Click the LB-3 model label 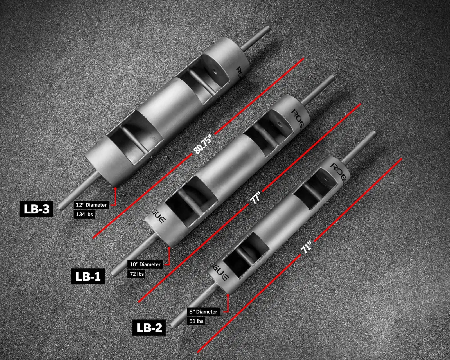[x=36, y=209]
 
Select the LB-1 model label [x=88, y=276]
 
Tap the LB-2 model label [x=149, y=328]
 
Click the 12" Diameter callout [x=91, y=205]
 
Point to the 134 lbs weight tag [x=84, y=214]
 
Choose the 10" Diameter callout [x=145, y=264]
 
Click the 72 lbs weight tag [x=137, y=274]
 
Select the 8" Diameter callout [x=203, y=312]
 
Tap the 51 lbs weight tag [x=196, y=321]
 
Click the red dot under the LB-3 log [x=115, y=188]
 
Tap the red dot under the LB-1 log [x=169, y=248]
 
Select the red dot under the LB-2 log [x=228, y=295]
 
